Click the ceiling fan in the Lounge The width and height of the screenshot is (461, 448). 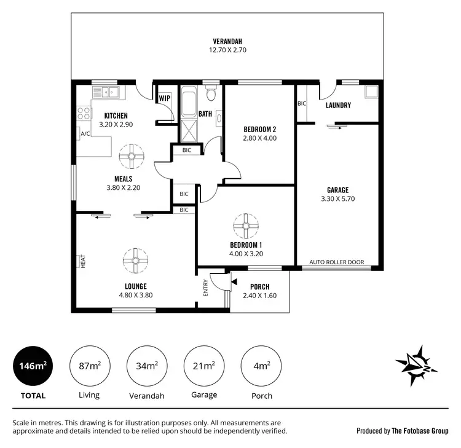133,260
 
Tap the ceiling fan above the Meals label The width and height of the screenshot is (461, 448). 132,156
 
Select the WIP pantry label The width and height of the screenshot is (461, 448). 164,98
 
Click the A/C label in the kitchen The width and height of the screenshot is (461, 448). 85,133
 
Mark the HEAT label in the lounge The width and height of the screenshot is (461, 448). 82,261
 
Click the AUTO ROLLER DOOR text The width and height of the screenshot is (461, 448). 336,262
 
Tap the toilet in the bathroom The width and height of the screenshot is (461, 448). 211,95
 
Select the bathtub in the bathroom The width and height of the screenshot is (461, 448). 187,101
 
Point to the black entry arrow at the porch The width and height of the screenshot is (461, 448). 234,281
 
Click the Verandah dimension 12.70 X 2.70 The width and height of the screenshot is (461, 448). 227,50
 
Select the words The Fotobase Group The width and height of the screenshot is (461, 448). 420,431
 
